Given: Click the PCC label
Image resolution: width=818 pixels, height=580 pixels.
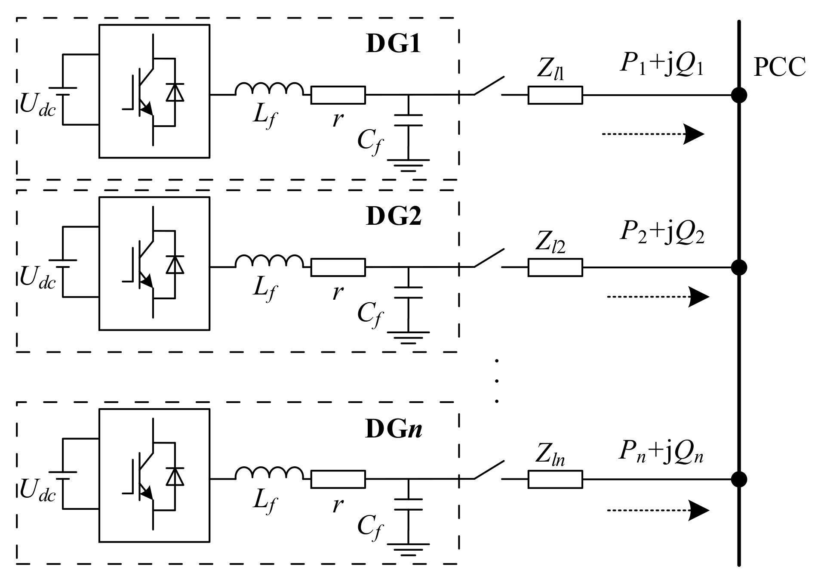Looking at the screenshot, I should (x=779, y=68).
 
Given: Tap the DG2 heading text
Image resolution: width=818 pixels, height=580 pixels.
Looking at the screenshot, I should (x=393, y=216).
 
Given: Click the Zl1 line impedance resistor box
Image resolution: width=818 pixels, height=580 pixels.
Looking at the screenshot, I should (x=555, y=95).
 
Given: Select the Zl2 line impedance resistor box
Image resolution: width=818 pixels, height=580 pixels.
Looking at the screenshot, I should (x=555, y=267).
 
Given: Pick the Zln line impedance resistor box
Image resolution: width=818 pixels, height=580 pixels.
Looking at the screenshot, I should (x=555, y=479).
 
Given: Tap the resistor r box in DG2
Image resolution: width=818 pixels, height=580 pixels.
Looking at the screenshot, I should (x=338, y=267).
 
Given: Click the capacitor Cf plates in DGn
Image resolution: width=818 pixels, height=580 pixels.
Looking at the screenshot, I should (x=408, y=504).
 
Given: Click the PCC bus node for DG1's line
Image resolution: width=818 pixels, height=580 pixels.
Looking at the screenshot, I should (x=739, y=95).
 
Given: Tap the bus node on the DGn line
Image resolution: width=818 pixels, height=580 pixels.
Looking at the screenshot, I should (x=739, y=479).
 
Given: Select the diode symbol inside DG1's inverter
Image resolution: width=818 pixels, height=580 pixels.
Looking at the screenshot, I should (x=175, y=92).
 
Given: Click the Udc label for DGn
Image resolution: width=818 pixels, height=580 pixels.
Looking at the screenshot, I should (x=38, y=491).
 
